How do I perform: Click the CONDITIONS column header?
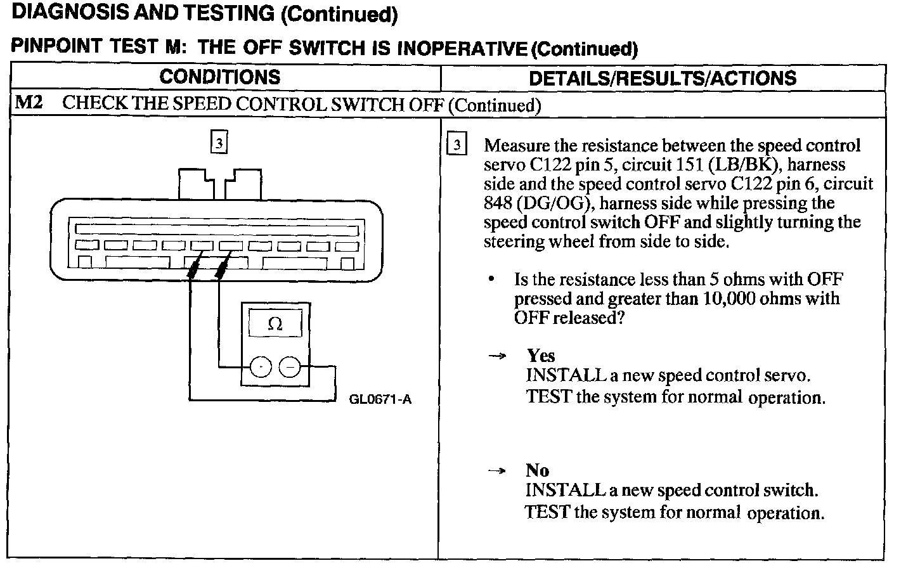tap(219, 77)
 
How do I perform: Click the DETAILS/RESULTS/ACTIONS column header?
tap(663, 78)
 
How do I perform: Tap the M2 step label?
tap(29, 103)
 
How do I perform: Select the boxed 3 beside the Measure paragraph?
tap(456, 145)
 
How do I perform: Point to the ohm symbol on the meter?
tap(275, 324)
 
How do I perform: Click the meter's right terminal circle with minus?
tap(290, 366)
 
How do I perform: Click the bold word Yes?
tap(541, 356)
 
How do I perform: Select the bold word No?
tap(537, 470)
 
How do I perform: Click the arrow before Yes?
tap(498, 356)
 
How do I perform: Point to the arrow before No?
tap(498, 471)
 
